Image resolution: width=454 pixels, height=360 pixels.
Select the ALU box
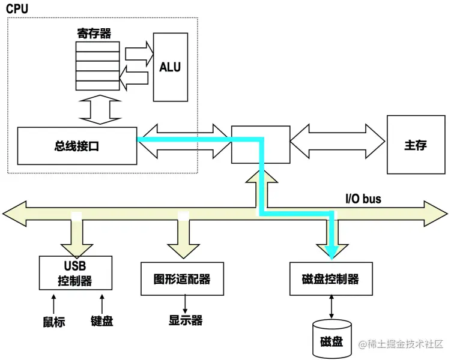point(170,67)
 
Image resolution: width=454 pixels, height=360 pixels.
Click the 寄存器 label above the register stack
point(94,34)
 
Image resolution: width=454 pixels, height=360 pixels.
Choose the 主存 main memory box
point(416,145)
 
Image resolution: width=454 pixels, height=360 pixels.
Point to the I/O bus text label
point(363,198)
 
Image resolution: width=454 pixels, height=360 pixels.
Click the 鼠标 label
point(53,322)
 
